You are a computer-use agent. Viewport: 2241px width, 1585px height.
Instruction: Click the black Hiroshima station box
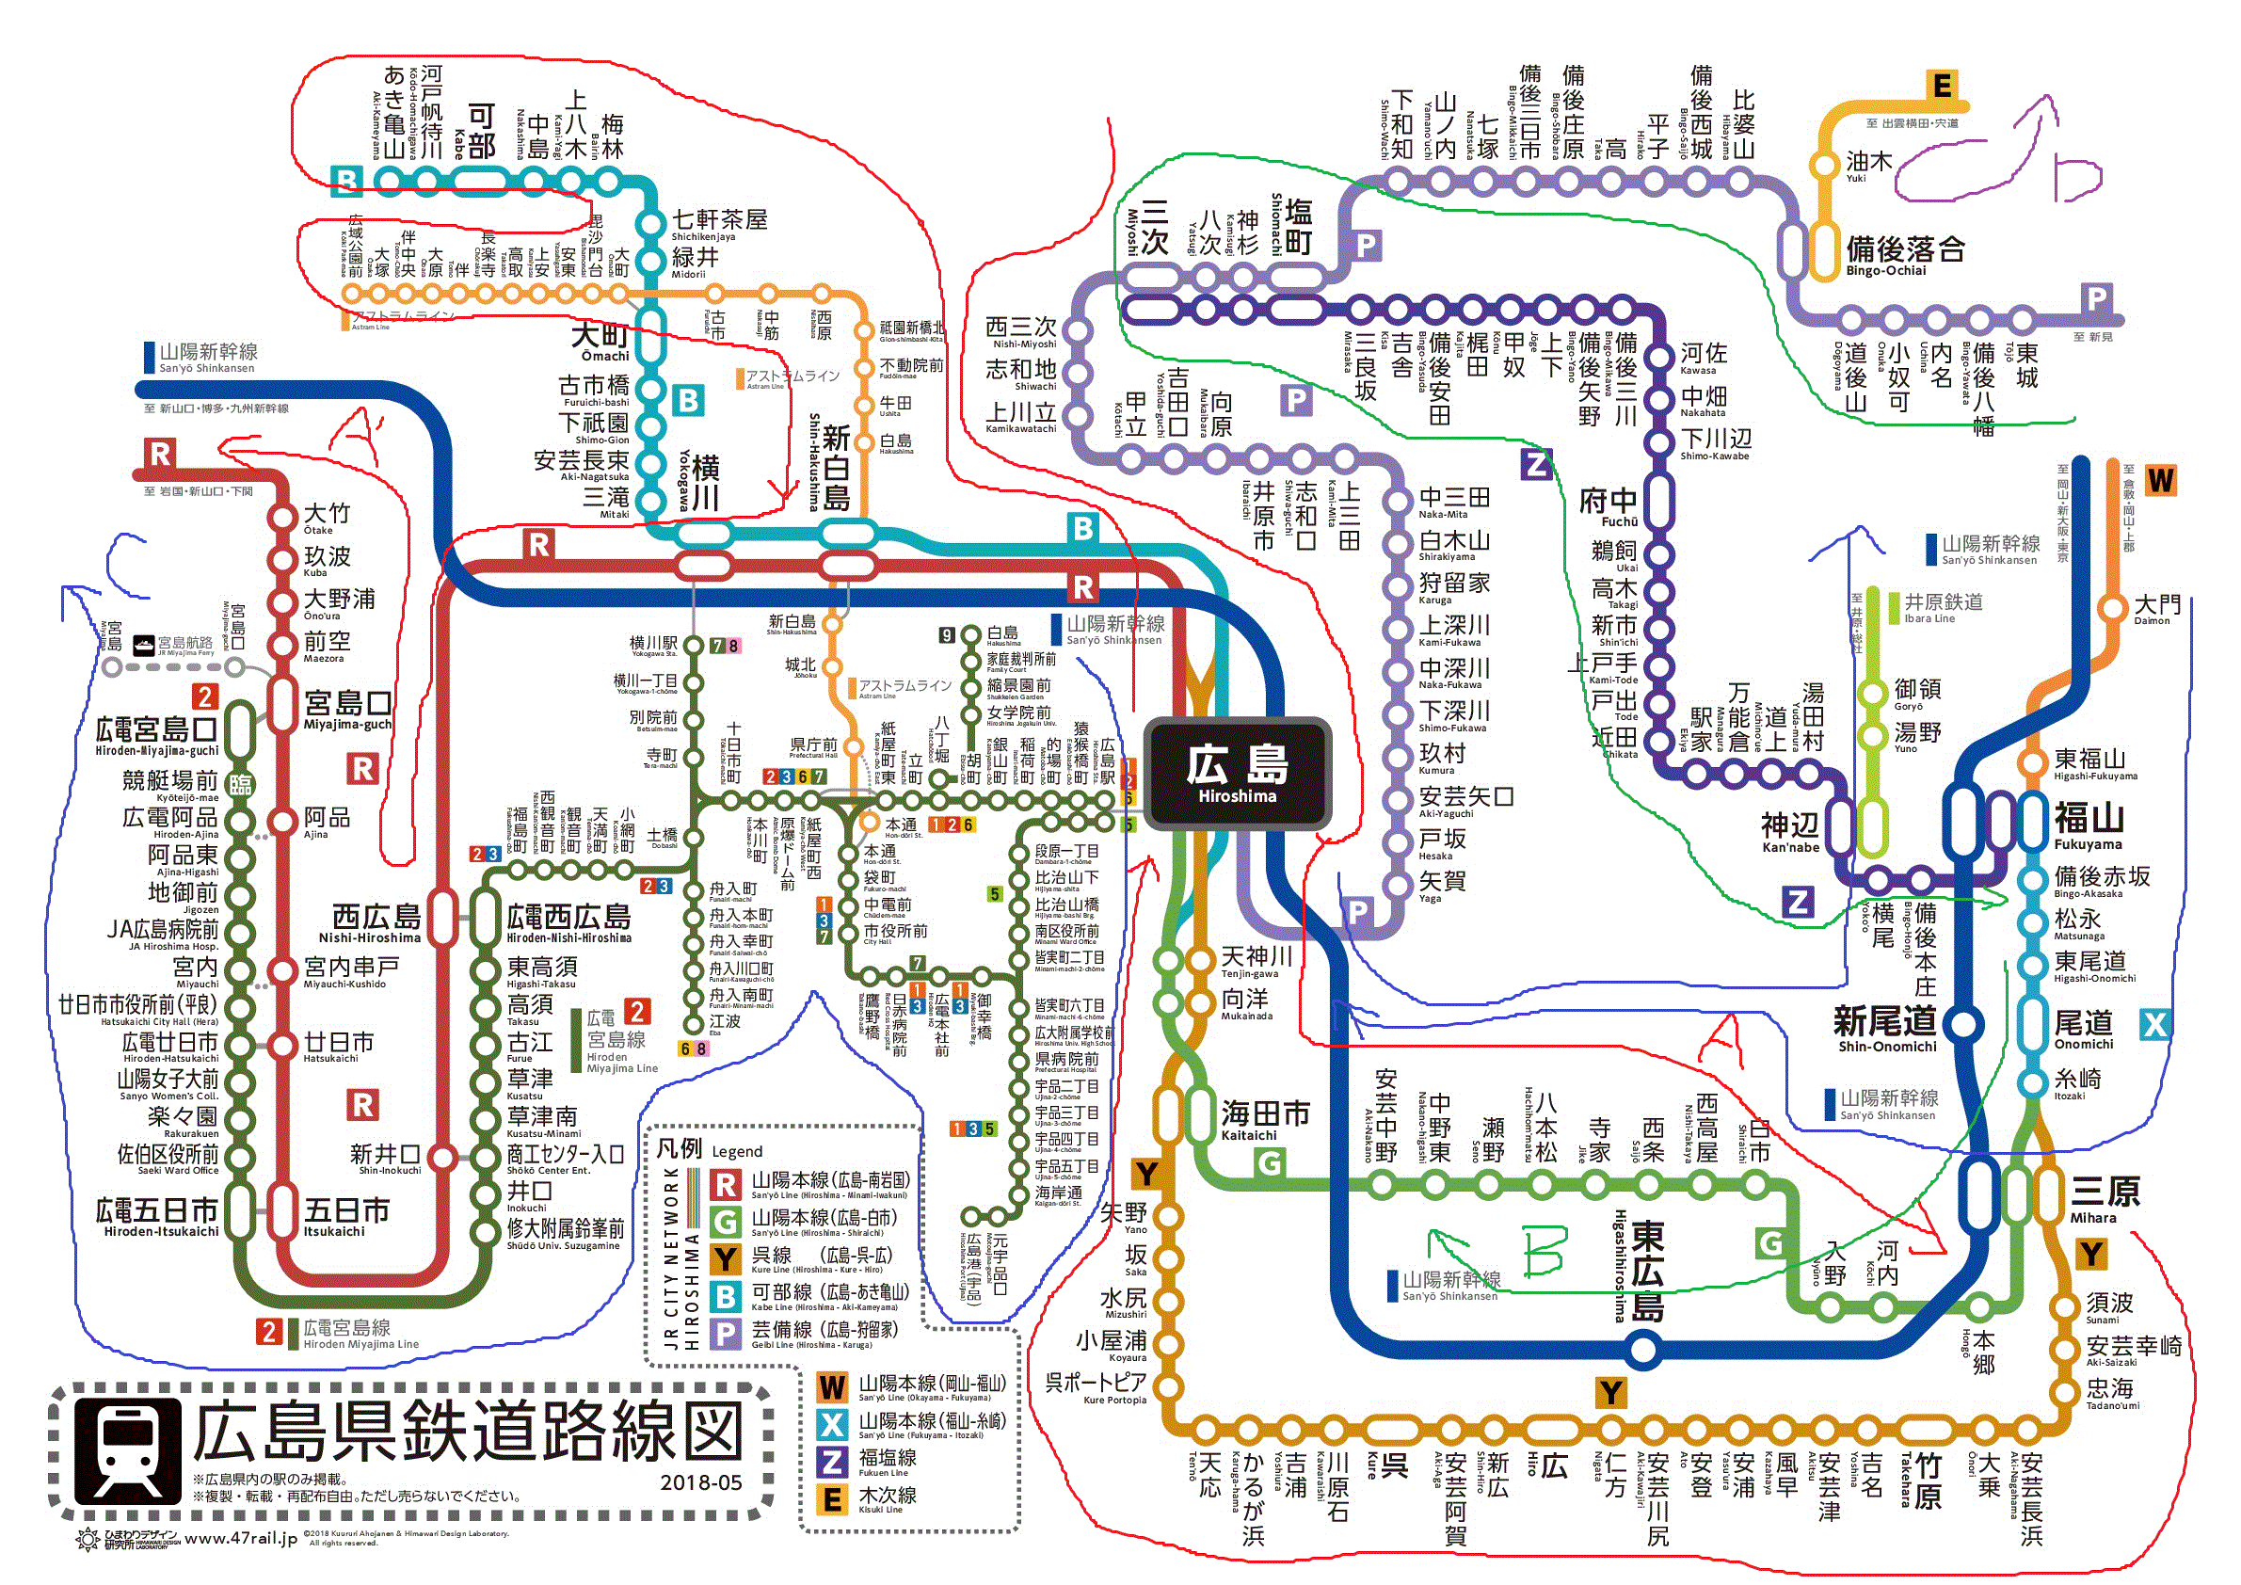pyautogui.click(x=1237, y=774)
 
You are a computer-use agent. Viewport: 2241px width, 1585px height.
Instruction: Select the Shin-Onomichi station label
pyautogui.click(x=1886, y=1029)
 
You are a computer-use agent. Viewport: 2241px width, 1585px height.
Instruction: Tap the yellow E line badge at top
pyautogui.click(x=1943, y=86)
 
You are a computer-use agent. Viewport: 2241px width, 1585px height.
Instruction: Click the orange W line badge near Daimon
pyautogui.click(x=2161, y=480)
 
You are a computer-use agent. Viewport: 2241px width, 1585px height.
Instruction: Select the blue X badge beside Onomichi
pyautogui.click(x=2154, y=1024)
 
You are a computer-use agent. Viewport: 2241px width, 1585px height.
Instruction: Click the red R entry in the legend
pyautogui.click(x=726, y=1185)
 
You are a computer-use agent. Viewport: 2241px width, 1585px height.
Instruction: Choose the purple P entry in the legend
pyautogui.click(x=726, y=1333)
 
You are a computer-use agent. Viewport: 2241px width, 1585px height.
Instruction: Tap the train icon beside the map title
pyautogui.click(x=128, y=1451)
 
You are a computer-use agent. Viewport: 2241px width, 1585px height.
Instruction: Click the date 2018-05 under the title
pyautogui.click(x=701, y=1482)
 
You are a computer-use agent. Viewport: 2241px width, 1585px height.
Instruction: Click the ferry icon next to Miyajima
pyautogui.click(x=142, y=643)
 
